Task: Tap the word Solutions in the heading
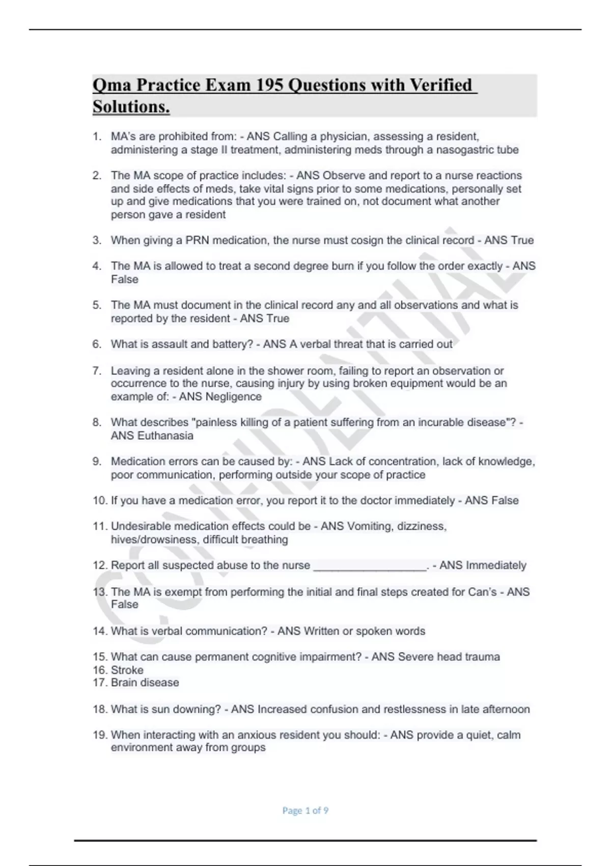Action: pyautogui.click(x=131, y=107)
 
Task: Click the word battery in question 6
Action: pyautogui.click(x=233, y=344)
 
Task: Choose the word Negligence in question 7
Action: pyautogui.click(x=233, y=397)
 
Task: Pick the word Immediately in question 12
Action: pyautogui.click(x=496, y=565)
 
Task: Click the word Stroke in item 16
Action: pyautogui.click(x=127, y=670)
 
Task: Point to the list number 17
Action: pyautogui.click(x=99, y=683)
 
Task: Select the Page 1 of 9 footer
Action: pyautogui.click(x=305, y=810)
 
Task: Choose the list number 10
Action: pyautogui.click(x=99, y=501)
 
